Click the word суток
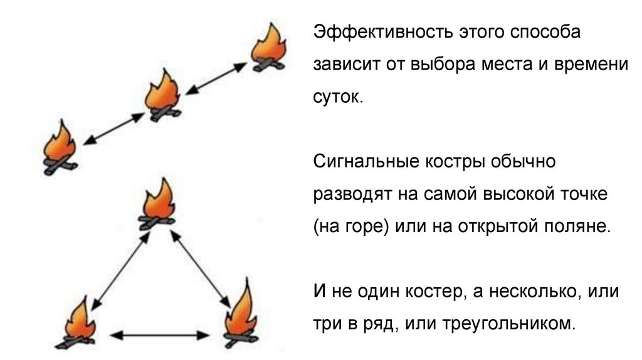point(337,98)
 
